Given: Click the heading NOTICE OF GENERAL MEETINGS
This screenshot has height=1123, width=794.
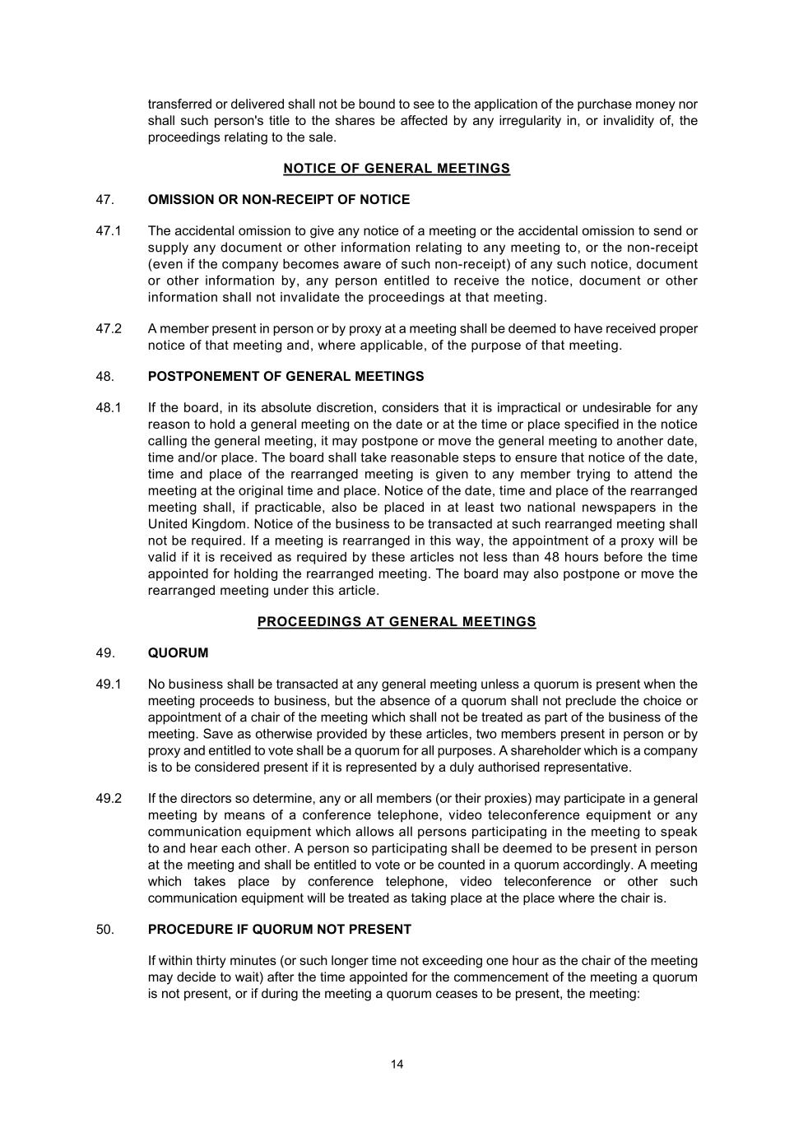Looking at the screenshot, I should tap(397, 169).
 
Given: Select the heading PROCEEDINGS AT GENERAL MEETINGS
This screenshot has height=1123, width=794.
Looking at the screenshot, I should tap(397, 622).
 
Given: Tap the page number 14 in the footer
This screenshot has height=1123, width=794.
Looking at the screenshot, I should tap(397, 1065).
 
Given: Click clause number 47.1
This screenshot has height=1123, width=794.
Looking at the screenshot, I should tap(109, 231).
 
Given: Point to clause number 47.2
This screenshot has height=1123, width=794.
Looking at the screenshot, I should tap(109, 329).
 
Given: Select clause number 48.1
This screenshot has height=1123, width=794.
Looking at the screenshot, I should tap(109, 408).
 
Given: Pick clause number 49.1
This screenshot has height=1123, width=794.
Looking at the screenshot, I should tap(109, 684).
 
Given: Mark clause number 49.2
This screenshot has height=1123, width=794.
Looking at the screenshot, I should tap(109, 799).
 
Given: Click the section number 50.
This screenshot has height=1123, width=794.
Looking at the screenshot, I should tap(104, 930).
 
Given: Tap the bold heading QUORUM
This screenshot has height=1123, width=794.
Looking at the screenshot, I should tap(178, 653).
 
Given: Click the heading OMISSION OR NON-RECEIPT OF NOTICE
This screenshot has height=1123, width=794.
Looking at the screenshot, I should tap(278, 200).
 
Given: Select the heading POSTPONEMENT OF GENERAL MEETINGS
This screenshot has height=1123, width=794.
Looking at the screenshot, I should tap(286, 377).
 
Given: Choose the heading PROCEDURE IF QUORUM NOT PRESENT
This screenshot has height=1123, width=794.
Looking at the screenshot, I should tap(279, 930).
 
